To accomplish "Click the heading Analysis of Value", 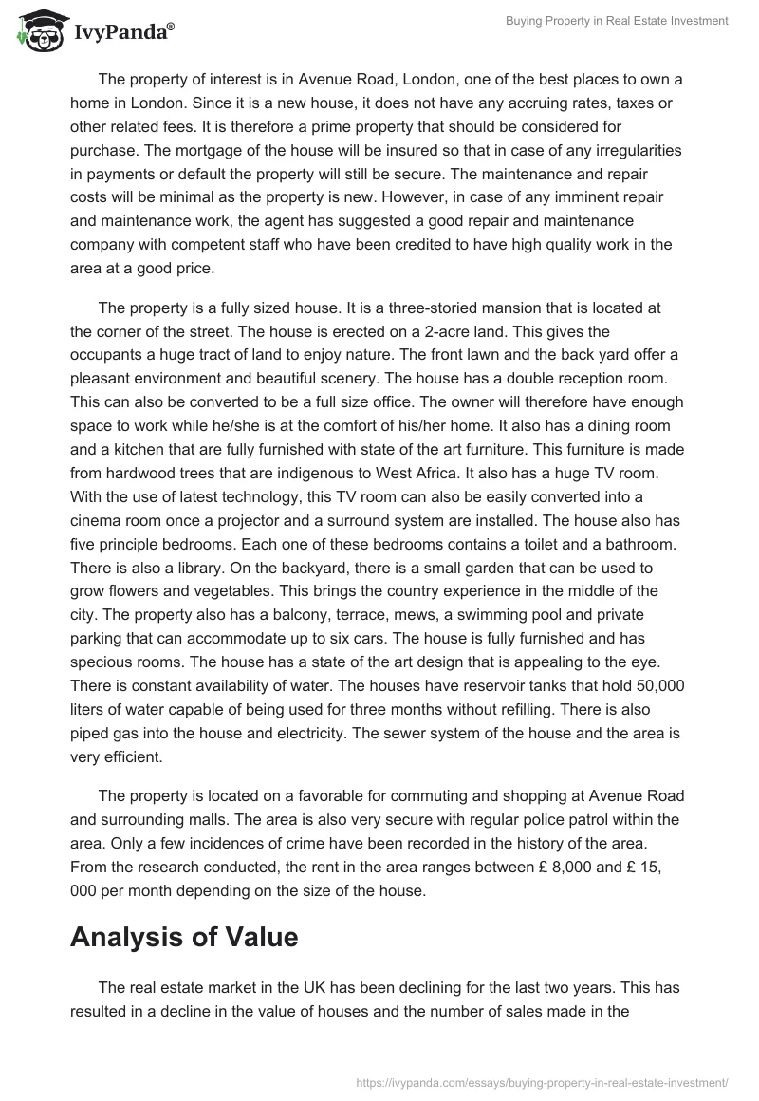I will pos(184,937).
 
